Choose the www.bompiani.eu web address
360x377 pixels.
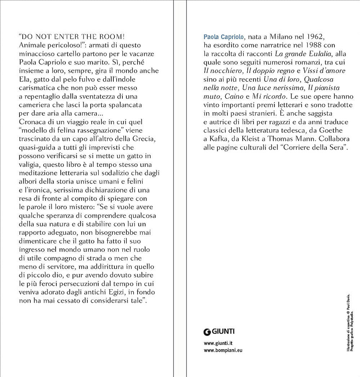tap(223, 350)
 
